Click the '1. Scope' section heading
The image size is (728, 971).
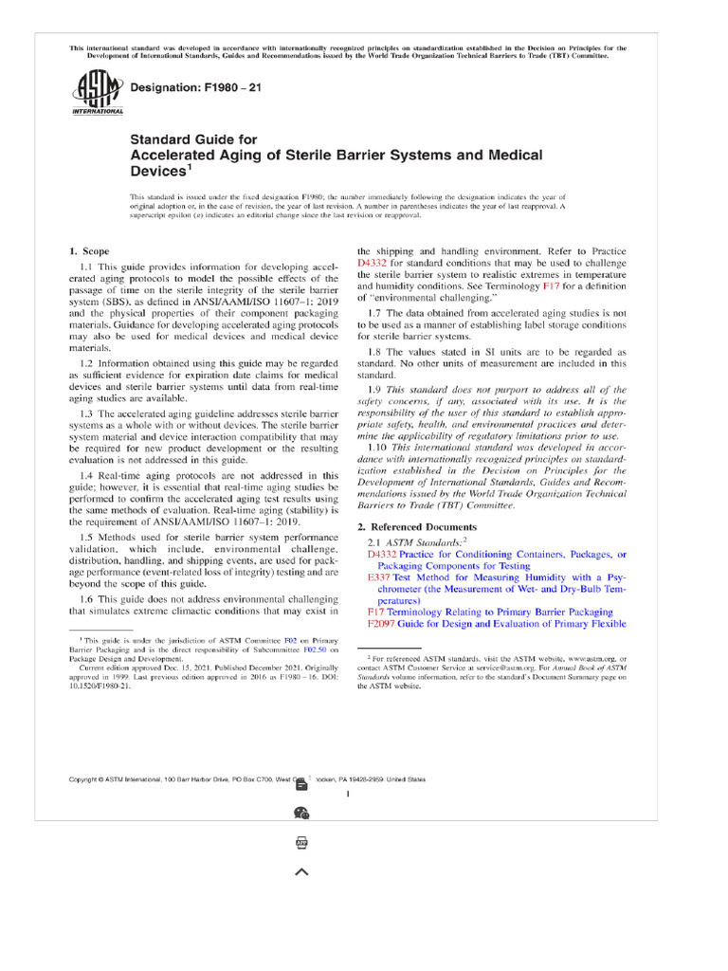(x=89, y=251)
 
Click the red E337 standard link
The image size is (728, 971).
(x=377, y=577)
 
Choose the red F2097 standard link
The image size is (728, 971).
(x=381, y=624)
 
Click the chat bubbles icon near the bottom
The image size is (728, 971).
(x=301, y=812)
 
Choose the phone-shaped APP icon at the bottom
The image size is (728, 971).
(x=301, y=843)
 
